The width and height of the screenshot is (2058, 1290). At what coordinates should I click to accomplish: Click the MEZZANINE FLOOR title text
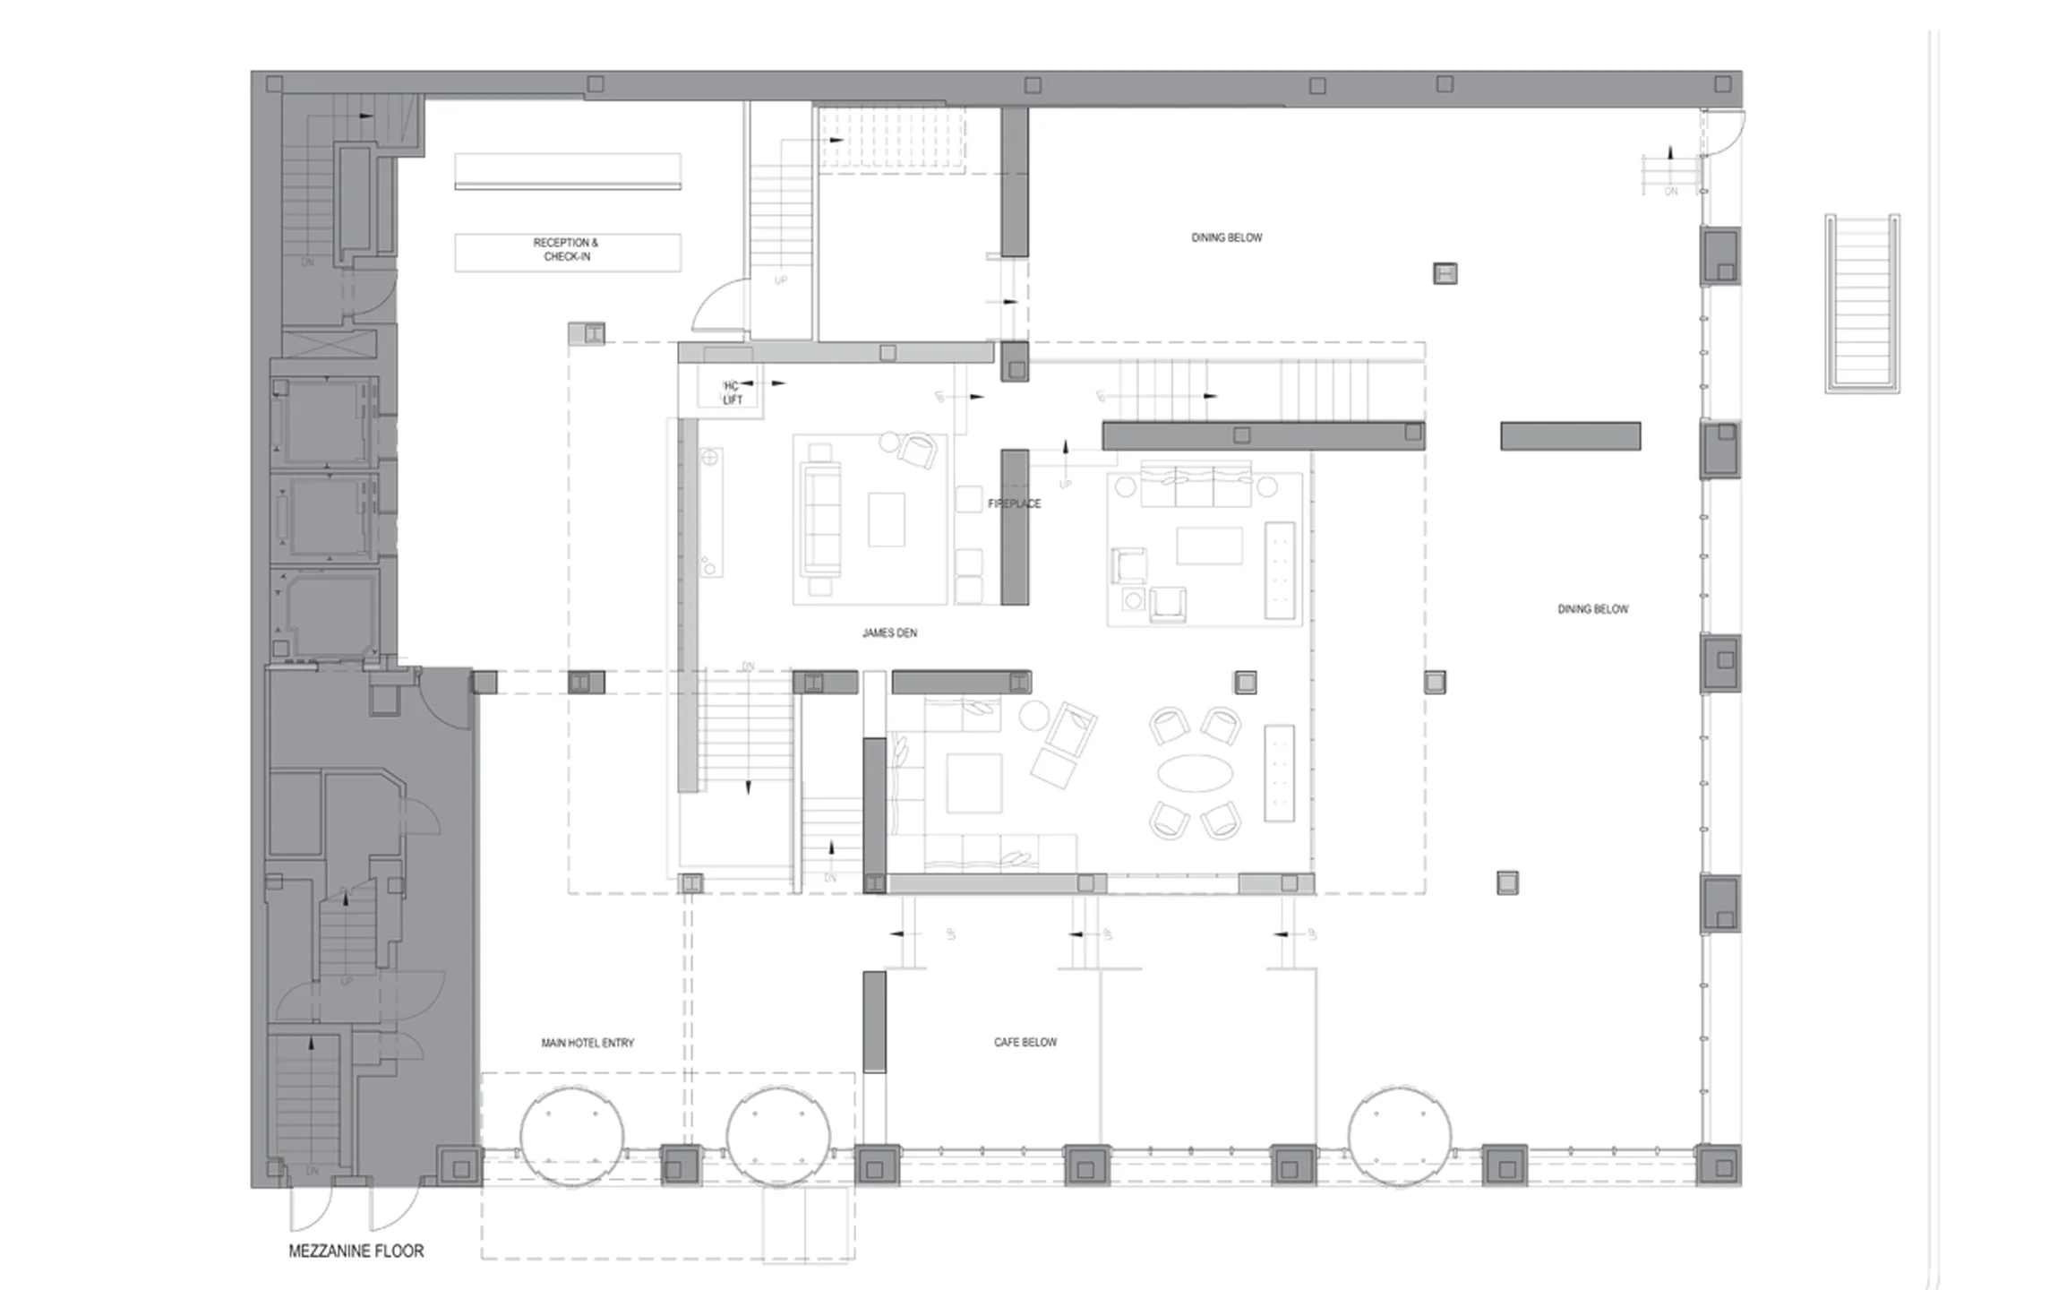click(356, 1251)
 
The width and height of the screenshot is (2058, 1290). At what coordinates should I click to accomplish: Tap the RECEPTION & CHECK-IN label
click(566, 250)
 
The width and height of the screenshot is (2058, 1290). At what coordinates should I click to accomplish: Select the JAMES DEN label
click(889, 633)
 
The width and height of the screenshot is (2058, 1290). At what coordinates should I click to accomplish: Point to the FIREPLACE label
click(1014, 503)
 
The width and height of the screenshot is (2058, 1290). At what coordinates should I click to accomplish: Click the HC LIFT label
click(732, 393)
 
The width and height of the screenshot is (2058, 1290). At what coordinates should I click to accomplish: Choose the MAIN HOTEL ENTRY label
click(587, 1043)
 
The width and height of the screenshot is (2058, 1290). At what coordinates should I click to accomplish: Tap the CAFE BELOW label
click(1025, 1042)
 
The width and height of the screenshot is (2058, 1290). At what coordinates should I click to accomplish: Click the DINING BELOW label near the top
click(1226, 237)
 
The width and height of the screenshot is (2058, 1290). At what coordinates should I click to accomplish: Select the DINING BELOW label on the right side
click(1592, 609)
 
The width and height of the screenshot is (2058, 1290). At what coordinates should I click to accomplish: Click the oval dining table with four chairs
click(1195, 773)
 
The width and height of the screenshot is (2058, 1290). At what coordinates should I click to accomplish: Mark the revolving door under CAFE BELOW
click(1399, 1135)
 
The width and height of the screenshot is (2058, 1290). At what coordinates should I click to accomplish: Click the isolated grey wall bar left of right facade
click(1570, 436)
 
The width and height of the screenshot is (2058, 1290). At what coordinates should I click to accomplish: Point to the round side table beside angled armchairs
click(1033, 715)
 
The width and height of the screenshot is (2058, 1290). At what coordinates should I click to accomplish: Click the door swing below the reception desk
click(719, 305)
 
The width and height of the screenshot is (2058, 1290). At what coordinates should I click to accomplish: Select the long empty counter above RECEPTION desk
click(567, 170)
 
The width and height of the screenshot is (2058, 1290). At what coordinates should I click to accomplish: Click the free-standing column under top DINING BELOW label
click(1444, 273)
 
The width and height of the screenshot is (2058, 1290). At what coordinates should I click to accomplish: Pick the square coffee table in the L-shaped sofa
click(973, 782)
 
